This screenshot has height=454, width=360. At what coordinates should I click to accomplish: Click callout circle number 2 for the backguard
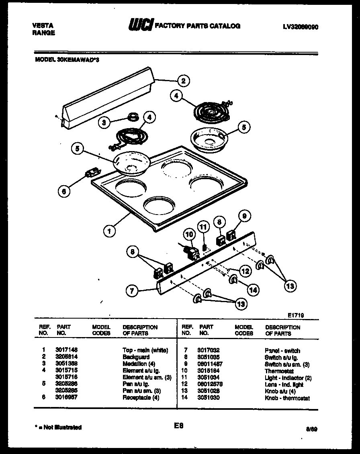[x=183, y=81]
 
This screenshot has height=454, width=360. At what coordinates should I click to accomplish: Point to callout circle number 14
[x=253, y=289]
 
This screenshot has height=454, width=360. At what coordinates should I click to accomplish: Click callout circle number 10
[x=188, y=235]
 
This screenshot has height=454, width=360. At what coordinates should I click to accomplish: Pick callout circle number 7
[x=131, y=290]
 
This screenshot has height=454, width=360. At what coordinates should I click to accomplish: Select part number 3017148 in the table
[x=65, y=350]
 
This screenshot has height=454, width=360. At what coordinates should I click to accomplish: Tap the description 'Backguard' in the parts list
[x=136, y=357]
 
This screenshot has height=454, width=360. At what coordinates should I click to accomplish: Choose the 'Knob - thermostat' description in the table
[x=287, y=398]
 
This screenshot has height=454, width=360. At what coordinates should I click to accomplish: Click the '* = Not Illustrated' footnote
[x=58, y=427]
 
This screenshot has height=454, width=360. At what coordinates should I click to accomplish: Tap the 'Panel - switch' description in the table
[x=282, y=351]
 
